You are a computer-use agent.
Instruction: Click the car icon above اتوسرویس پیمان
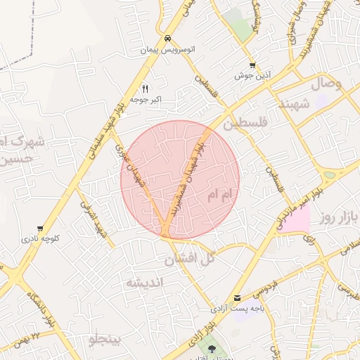(x=167, y=38)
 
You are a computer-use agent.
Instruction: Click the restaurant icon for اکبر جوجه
(x=145, y=89)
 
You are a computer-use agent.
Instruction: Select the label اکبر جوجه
(x=146, y=100)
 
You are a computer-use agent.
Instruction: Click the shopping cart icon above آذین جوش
(x=252, y=65)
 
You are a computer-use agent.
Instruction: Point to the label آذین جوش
(x=252, y=76)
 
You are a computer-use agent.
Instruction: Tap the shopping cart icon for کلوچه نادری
(x=41, y=229)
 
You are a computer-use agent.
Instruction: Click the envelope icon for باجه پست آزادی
(x=237, y=298)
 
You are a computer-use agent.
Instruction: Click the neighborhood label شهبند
(x=294, y=104)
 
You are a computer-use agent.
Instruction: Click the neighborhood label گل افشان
(x=189, y=259)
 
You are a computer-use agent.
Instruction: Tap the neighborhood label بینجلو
(x=105, y=340)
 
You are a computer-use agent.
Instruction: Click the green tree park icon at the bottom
(x=212, y=348)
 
